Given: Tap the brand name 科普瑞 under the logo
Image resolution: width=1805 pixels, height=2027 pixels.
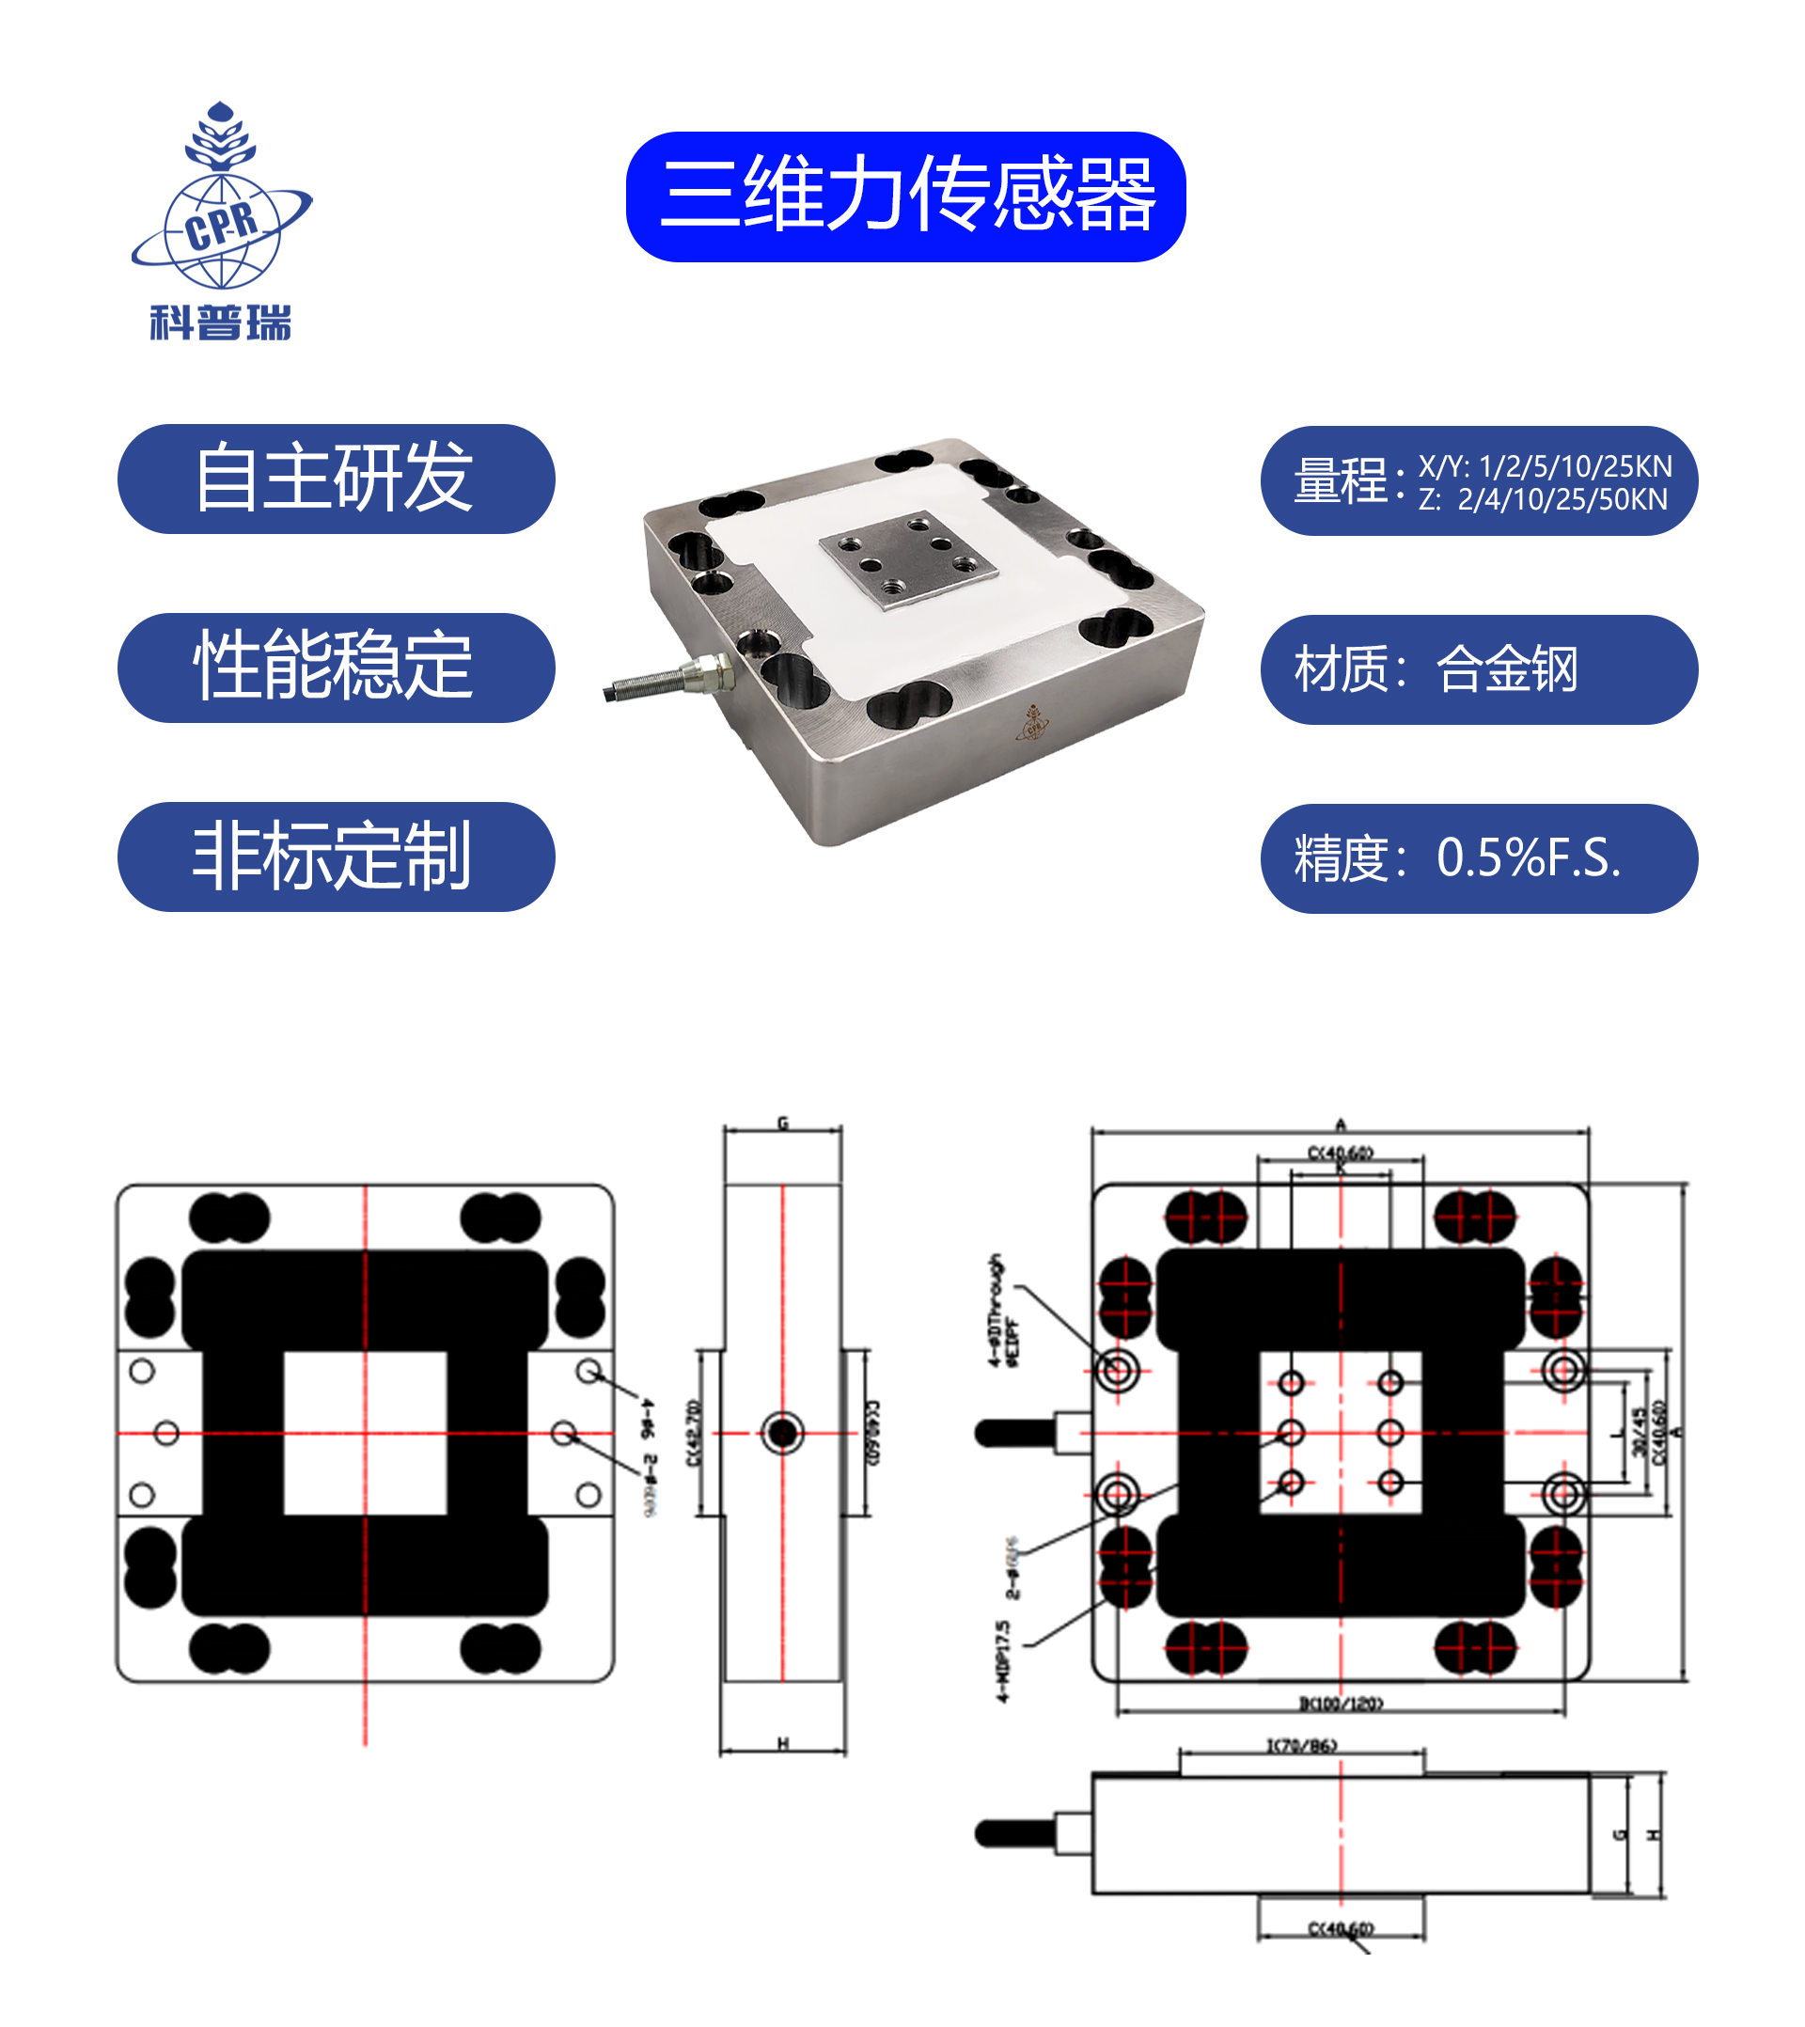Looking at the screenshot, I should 220,323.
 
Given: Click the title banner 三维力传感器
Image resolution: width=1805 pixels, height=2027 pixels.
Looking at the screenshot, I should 905,196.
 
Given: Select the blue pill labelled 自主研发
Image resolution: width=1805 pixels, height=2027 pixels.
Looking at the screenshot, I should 336,479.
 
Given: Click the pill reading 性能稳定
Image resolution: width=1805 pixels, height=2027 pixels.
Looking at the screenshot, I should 336,668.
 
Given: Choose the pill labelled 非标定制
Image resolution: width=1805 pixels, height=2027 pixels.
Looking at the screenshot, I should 336,856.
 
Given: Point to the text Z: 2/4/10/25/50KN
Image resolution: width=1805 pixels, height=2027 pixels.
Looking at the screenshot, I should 1542,500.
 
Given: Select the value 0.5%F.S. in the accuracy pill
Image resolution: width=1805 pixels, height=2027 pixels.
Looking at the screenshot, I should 1529,857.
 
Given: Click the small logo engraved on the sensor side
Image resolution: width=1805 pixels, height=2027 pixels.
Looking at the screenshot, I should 1033,723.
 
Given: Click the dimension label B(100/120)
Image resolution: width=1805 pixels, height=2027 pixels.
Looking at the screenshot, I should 1341,1704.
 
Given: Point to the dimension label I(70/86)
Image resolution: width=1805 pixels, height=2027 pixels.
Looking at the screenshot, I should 1301,1745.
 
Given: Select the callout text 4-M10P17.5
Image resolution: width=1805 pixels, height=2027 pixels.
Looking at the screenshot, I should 1003,1662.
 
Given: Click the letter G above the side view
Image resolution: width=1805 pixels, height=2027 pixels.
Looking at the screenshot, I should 782,1123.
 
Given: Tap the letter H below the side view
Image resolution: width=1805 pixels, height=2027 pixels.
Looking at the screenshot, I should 782,1743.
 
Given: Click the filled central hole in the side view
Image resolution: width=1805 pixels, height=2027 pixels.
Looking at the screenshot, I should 782,1432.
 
